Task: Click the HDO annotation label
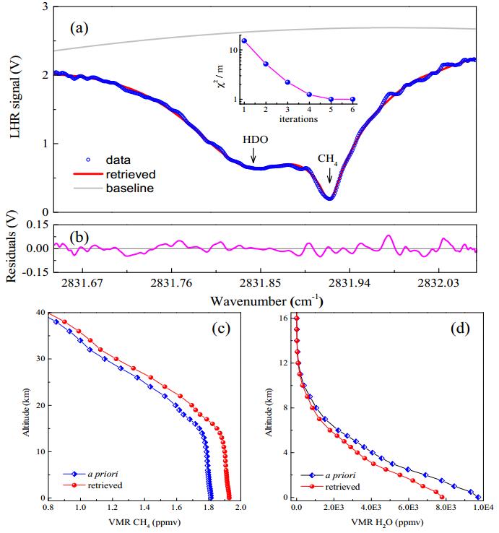tap(253, 139)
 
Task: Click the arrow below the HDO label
tap(253, 156)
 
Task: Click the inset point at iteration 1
tap(245, 41)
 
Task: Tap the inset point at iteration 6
tap(352, 99)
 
